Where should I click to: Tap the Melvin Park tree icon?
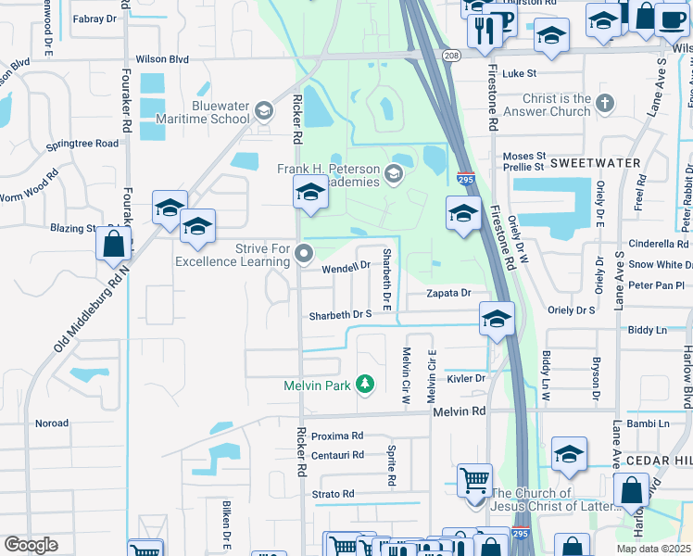tap(365, 384)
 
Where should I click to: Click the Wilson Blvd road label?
tap(162, 59)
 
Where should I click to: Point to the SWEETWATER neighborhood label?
tap(609, 162)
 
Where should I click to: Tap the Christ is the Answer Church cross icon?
tap(605, 103)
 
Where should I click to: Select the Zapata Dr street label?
tap(449, 293)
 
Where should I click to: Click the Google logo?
tap(31, 545)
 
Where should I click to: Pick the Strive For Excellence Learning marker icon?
tap(306, 252)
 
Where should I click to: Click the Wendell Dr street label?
tap(346, 267)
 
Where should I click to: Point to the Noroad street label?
tap(51, 423)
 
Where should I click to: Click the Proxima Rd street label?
tap(337, 436)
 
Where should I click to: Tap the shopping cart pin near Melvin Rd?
tap(474, 481)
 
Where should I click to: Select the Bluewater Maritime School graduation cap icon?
tap(263, 112)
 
